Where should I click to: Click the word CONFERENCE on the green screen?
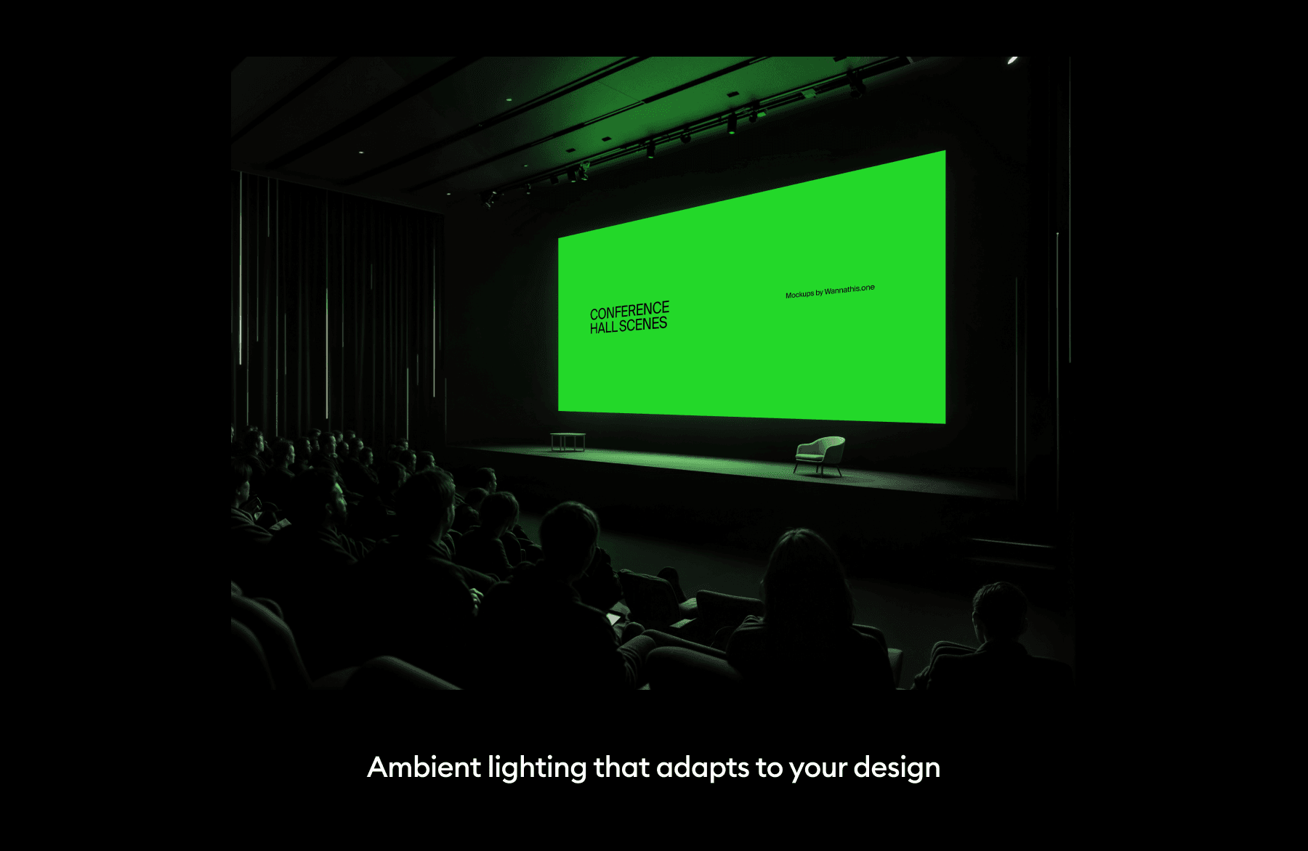point(629,311)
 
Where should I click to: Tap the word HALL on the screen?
point(603,328)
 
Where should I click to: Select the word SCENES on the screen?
point(643,325)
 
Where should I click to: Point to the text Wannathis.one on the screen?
point(849,290)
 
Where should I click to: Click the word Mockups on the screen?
point(799,295)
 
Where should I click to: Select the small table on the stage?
point(568,441)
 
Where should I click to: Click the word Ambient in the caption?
point(424,767)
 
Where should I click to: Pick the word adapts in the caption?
point(702,768)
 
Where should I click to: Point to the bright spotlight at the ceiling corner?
point(1013,60)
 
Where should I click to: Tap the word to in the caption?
point(769,767)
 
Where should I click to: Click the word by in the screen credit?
point(819,293)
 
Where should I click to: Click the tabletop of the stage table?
point(568,435)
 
